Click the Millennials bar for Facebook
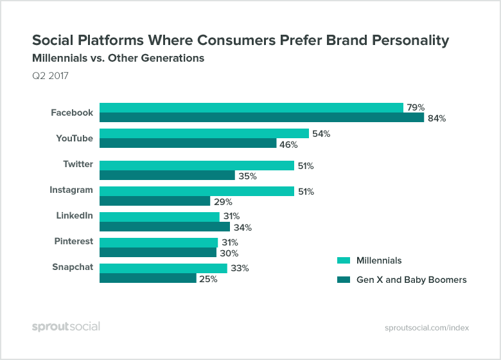coord(251,107)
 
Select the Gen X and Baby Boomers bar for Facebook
coord(261,118)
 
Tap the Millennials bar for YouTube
coord(204,134)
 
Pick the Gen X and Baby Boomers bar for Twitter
coord(167,175)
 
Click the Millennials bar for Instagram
coord(197,191)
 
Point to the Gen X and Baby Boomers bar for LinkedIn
coord(164,227)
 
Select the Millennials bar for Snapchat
coord(163,268)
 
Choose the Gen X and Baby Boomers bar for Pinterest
coord(158,253)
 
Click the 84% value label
coord(437,118)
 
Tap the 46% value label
coord(289,145)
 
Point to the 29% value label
coord(223,202)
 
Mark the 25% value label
coord(208,279)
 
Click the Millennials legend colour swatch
coord(344,260)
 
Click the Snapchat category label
coord(73,267)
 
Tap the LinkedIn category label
coord(73,215)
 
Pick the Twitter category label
coord(78,164)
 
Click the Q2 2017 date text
coord(50,76)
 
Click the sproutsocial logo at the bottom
coord(66,327)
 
